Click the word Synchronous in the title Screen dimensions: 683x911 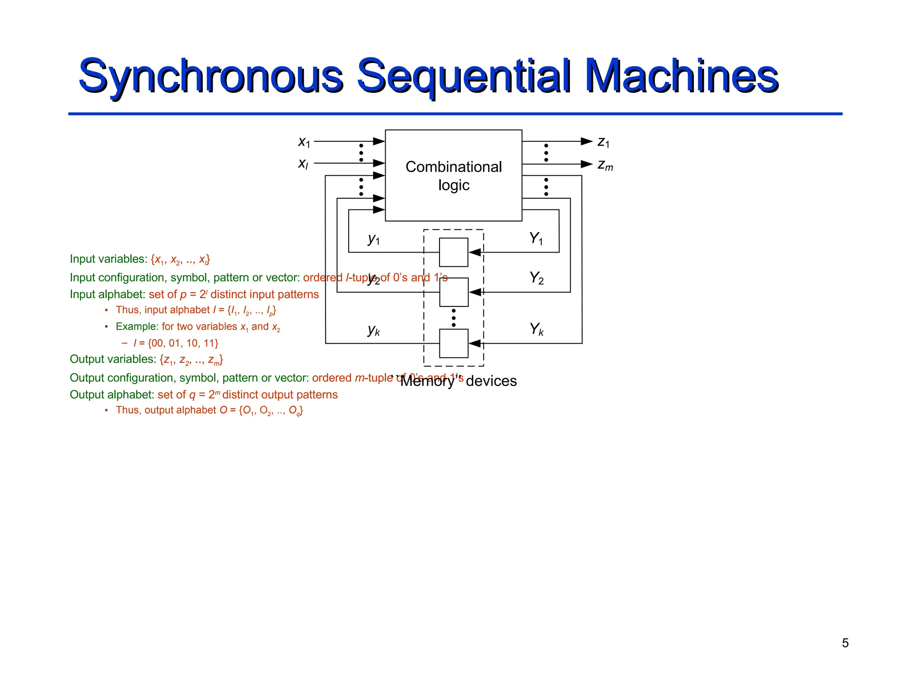click(210, 76)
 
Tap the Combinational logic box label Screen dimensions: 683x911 click(453, 176)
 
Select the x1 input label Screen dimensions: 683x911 click(304, 142)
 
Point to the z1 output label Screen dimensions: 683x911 click(603, 142)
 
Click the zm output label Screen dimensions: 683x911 click(605, 165)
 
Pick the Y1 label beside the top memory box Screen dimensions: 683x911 click(536, 239)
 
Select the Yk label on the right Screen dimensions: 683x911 click(536, 329)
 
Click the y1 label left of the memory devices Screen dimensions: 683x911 click(374, 239)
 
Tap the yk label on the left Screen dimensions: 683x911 click(374, 330)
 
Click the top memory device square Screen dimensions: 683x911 click(453, 252)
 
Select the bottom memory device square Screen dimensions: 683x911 click(453, 343)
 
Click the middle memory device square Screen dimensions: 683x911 click(453, 292)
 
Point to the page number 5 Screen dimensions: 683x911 click(845, 643)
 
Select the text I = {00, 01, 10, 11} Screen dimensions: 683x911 click(176, 343)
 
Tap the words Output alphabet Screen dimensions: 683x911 click(112, 395)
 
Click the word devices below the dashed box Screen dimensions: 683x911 click(491, 382)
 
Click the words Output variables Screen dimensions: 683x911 click(113, 359)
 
